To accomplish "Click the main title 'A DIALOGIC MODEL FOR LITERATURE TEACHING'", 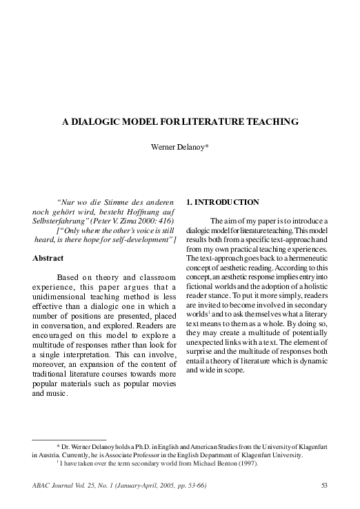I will pyautogui.click(x=180, y=121).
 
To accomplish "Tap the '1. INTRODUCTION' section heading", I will pyautogui.click(x=223, y=202).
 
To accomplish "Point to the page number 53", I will pyautogui.click(x=323, y=486).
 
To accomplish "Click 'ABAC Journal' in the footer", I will pyautogui.click(x=53, y=486).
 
